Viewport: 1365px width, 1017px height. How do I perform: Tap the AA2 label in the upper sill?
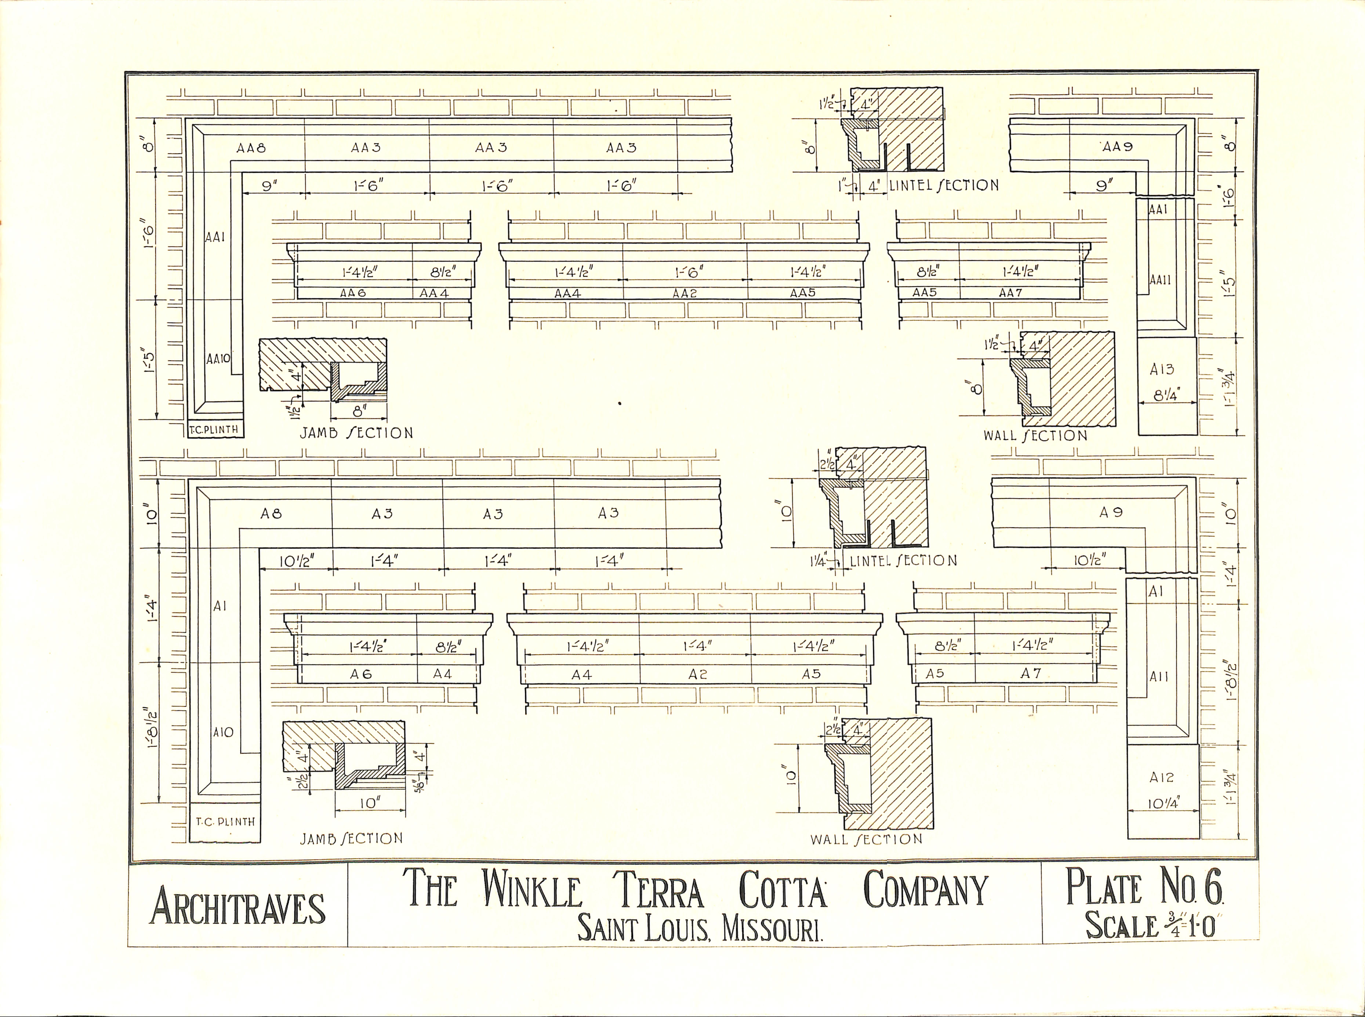[685, 294]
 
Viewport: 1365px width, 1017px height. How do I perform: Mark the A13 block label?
[1162, 369]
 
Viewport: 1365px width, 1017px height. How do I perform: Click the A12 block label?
[1162, 778]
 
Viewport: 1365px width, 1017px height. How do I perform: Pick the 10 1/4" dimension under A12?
[1162, 804]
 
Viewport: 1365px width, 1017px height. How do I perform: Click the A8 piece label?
[271, 513]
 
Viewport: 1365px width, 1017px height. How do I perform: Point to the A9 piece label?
[1111, 512]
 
